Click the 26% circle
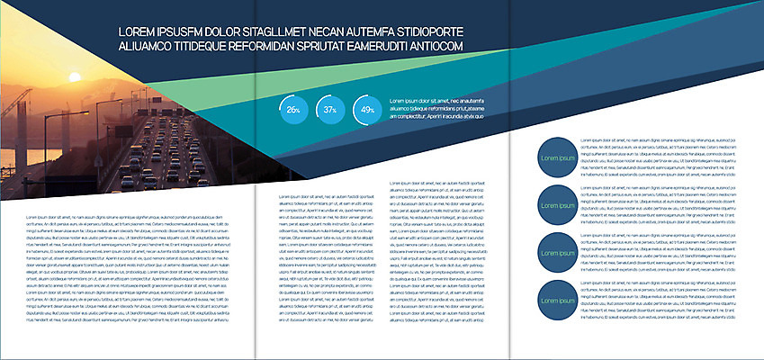(x=292, y=109)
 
